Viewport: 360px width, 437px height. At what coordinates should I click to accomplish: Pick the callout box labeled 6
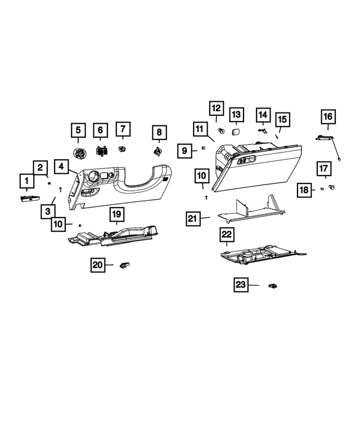pyautogui.click(x=101, y=130)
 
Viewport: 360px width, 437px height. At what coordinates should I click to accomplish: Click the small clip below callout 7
pyautogui.click(x=121, y=149)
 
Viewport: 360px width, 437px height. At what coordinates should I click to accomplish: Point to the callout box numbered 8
pyautogui.click(x=159, y=133)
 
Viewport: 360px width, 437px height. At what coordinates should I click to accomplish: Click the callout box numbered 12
pyautogui.click(x=217, y=109)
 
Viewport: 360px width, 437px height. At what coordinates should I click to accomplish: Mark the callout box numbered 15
pyautogui.click(x=282, y=119)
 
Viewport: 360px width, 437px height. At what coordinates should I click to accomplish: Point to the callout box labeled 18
pyautogui.click(x=304, y=191)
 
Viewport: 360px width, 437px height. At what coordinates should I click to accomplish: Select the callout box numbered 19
pyautogui.click(x=116, y=214)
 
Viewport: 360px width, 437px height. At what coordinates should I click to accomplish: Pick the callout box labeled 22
pyautogui.click(x=227, y=233)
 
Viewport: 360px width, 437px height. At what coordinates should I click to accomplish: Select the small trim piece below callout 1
pyautogui.click(x=28, y=197)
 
